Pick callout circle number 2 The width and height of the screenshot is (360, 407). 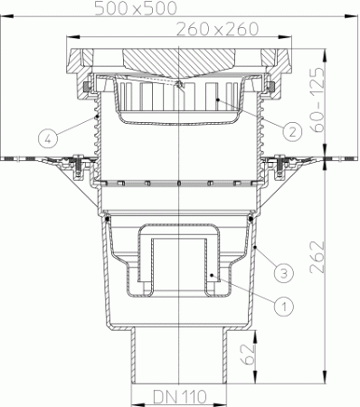click(291, 129)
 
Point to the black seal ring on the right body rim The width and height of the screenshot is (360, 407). click(252, 217)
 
